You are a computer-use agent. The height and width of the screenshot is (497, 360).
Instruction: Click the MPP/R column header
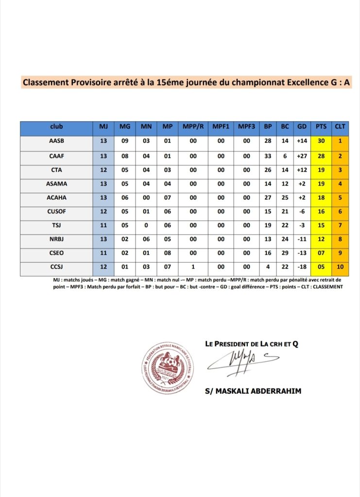[x=193, y=127]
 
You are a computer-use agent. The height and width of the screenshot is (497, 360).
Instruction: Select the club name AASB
[x=56, y=141]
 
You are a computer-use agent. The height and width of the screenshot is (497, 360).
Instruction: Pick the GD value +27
[x=302, y=156]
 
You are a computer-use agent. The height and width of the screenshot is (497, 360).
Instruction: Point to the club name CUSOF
[x=56, y=212]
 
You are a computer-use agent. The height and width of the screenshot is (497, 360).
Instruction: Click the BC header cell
[x=285, y=127]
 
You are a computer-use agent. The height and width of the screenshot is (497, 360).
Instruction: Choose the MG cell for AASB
[x=125, y=141]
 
